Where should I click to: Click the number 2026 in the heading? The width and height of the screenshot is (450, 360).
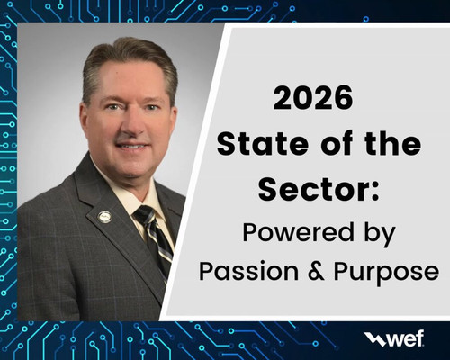pos(313,98)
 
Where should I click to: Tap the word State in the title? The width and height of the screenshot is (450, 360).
pos(263,144)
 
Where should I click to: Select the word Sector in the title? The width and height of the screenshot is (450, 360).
pos(310,190)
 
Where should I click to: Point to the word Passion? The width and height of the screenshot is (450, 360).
pos(249,271)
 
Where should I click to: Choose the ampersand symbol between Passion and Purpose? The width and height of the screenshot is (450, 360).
pos(316,271)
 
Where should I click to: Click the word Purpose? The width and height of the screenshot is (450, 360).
pos(386,273)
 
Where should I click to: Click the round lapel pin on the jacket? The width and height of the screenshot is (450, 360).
pos(104,217)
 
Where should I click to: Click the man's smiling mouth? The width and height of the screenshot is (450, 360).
pos(132,147)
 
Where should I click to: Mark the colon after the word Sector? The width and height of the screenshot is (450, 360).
pos(375,193)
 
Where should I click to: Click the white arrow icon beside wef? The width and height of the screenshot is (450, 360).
pos(374,338)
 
